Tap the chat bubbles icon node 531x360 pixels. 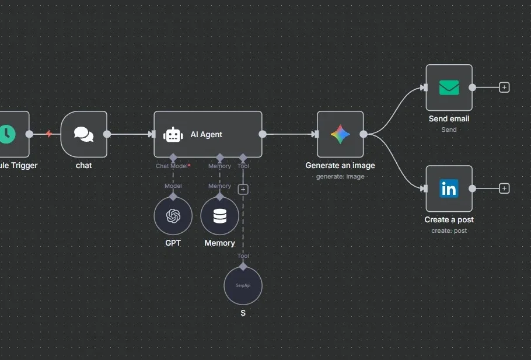(x=83, y=134)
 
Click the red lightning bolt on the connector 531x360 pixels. (x=49, y=134)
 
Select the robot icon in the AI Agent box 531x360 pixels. (x=173, y=135)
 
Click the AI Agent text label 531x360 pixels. (x=206, y=134)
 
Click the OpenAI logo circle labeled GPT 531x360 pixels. (x=173, y=216)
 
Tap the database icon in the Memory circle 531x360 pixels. (x=219, y=216)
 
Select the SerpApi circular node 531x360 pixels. (x=243, y=286)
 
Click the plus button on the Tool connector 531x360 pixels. (x=243, y=189)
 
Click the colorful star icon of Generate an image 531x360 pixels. (x=340, y=134)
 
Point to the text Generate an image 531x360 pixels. (x=340, y=165)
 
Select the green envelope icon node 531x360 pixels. (x=449, y=88)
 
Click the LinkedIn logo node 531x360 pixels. (x=449, y=188)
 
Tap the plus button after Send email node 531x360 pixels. (x=504, y=88)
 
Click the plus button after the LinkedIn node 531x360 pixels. (x=504, y=188)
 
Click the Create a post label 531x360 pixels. (x=449, y=219)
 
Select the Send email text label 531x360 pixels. (x=449, y=118)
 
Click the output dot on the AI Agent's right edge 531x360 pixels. (x=263, y=134)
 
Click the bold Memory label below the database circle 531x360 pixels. (x=219, y=243)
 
